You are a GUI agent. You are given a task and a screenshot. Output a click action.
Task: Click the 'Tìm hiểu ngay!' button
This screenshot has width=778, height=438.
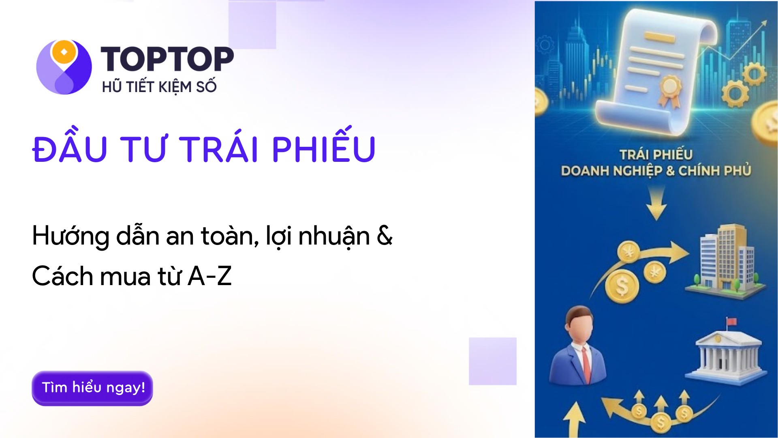point(92,388)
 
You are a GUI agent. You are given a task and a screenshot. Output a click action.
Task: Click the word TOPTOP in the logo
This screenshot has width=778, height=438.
point(167,59)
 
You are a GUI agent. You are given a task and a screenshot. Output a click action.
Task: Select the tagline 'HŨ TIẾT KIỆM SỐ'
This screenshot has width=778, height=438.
point(159,86)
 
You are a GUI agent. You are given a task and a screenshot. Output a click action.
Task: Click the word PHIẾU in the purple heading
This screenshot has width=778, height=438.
point(324,146)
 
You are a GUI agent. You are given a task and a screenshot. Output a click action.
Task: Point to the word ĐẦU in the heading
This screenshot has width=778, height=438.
point(70,146)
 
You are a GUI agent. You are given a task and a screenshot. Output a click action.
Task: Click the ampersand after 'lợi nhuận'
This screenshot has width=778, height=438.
point(385,236)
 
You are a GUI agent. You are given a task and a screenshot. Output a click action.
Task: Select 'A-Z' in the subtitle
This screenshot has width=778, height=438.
point(210,276)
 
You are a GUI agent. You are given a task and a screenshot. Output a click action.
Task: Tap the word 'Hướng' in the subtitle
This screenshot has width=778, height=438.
point(71,236)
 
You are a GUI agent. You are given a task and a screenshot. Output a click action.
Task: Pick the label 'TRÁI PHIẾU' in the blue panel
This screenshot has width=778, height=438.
point(656,155)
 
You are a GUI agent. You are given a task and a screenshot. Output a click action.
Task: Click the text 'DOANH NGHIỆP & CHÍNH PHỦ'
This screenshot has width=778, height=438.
point(656,171)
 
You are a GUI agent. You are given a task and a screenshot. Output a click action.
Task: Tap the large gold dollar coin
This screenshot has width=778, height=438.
point(622,286)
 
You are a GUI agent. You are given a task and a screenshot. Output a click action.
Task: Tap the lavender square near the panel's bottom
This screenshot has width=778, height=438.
point(493,361)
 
